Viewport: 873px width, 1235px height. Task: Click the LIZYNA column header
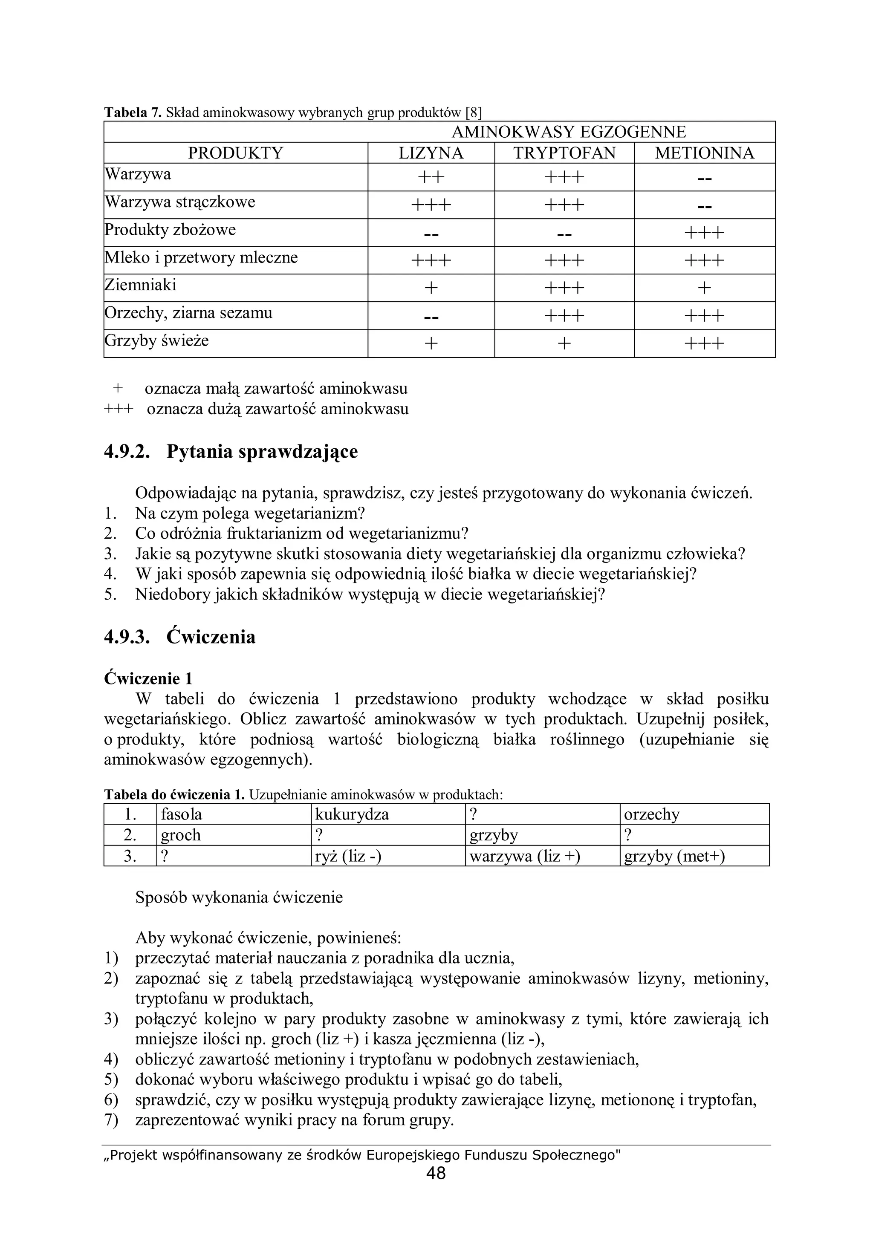tap(431, 153)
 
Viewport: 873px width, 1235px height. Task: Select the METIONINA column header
tap(704, 153)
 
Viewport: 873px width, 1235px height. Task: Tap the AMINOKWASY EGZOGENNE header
tap(569, 132)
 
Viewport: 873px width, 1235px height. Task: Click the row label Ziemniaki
tap(140, 285)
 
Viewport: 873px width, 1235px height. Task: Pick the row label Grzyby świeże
tap(156, 341)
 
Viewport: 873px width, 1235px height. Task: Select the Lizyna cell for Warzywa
tap(431, 177)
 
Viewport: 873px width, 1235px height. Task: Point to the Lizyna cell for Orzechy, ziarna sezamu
tap(431, 316)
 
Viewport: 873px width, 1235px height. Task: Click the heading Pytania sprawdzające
tap(262, 451)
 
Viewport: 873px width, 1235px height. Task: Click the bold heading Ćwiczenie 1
tap(148, 678)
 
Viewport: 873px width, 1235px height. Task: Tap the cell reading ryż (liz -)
tap(348, 856)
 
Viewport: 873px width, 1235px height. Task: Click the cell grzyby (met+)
tap(674, 856)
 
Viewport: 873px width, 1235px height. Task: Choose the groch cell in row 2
tap(181, 835)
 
